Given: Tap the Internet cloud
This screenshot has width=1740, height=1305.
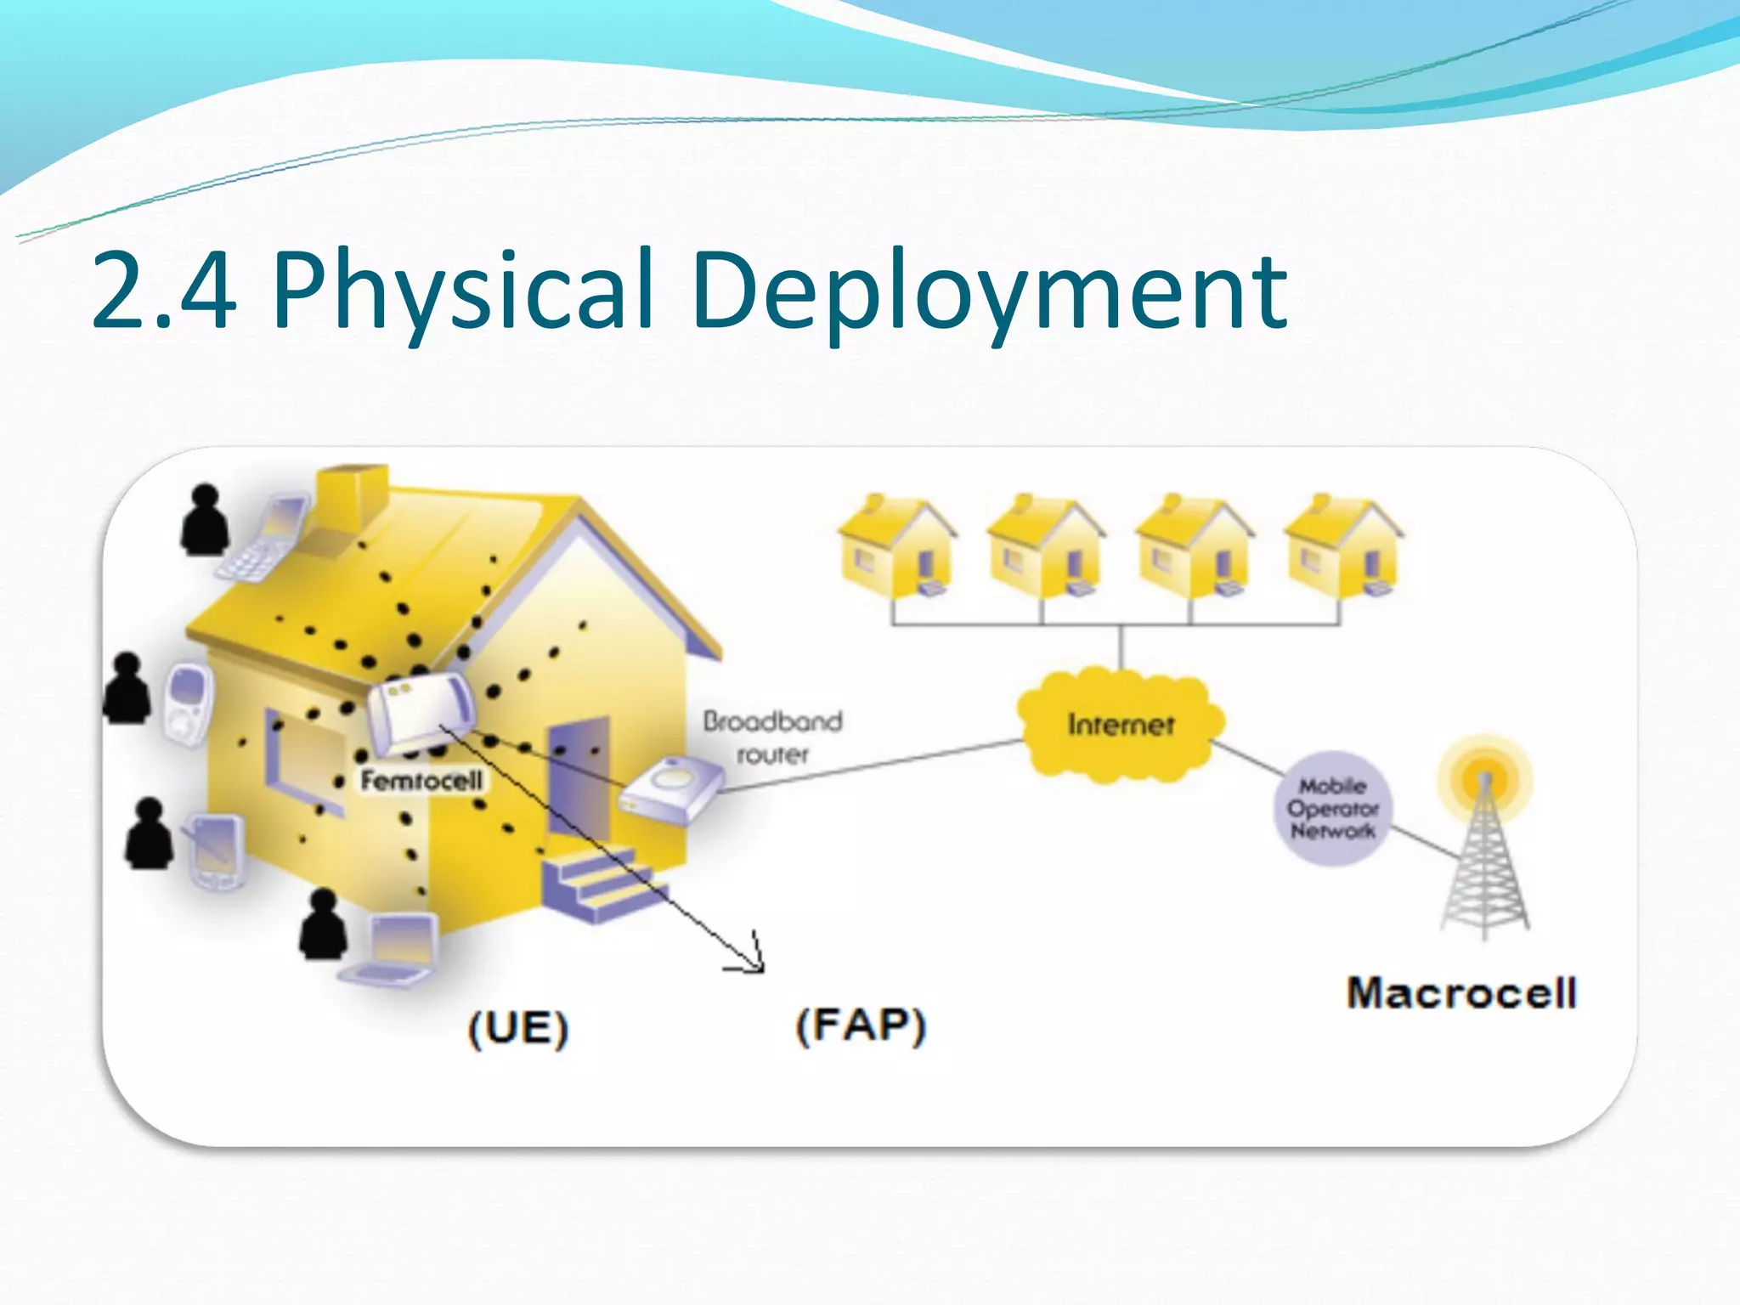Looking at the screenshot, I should (1121, 725).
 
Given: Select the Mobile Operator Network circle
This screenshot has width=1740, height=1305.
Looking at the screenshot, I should (1332, 808).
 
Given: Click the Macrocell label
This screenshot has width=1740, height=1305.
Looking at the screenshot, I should (1461, 992).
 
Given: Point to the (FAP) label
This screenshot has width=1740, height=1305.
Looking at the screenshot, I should (860, 1025).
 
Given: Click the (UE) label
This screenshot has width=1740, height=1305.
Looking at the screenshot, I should (517, 1028).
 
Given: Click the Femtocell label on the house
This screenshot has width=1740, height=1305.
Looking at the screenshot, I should (421, 780).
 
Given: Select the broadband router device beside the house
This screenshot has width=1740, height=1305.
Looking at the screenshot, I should (671, 790).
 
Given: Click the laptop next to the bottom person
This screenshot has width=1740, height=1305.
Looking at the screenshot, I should (395, 950).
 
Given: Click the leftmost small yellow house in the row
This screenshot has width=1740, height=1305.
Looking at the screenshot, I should (895, 548).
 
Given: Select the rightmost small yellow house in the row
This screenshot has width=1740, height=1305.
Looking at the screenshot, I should (1342, 548).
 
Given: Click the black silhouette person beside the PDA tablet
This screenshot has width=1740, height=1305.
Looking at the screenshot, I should (150, 834).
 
